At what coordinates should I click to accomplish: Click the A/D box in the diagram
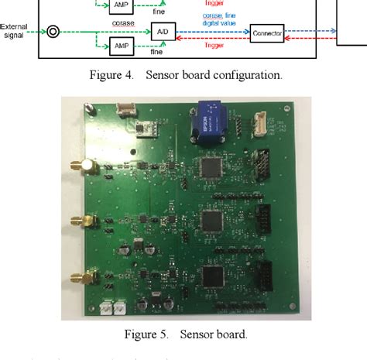[x=162, y=33]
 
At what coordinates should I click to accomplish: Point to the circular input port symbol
[x=53, y=33]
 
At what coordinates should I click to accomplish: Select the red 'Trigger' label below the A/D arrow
[x=211, y=45]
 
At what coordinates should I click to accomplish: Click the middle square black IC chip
[x=211, y=220]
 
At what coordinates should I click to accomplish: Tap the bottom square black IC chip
[x=211, y=275]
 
